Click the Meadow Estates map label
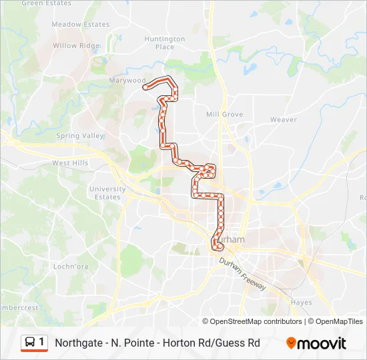(80, 25)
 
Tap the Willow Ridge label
(76, 46)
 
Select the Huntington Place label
(164, 43)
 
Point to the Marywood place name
(127, 81)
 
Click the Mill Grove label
(224, 115)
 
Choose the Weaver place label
(283, 120)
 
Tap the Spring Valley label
(80, 136)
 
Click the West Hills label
(70, 163)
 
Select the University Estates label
(107, 193)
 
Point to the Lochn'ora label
(71, 267)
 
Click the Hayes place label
(302, 302)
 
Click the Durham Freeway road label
(243, 274)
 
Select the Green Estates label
(46, 3)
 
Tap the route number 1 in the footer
(42, 342)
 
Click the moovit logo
(316, 343)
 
